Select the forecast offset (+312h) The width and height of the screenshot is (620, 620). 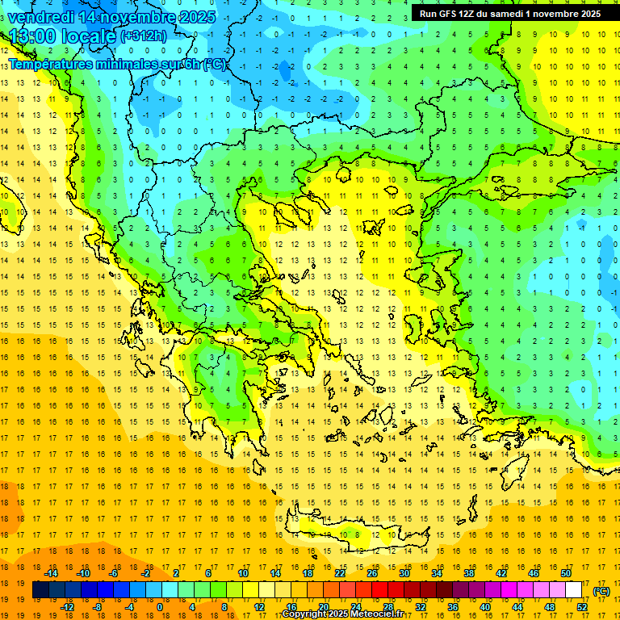pyautogui.click(x=145, y=36)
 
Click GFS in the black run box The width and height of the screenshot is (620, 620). pyautogui.click(x=446, y=14)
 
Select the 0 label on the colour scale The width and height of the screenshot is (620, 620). pyautogui.click(x=160, y=607)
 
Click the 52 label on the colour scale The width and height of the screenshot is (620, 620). pyautogui.click(x=582, y=607)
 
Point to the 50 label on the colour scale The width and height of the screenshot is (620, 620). pyautogui.click(x=566, y=573)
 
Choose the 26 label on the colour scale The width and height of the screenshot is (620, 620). pyautogui.click(x=372, y=573)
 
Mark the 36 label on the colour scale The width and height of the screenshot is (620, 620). pyautogui.click(x=453, y=607)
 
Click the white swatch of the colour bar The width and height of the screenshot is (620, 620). pyautogui.click(x=574, y=590)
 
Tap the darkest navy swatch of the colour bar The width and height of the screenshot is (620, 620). pyautogui.click(x=40, y=590)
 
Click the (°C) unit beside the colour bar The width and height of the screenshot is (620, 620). pyautogui.click(x=601, y=591)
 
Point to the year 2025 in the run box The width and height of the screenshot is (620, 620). pyautogui.click(x=586, y=14)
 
